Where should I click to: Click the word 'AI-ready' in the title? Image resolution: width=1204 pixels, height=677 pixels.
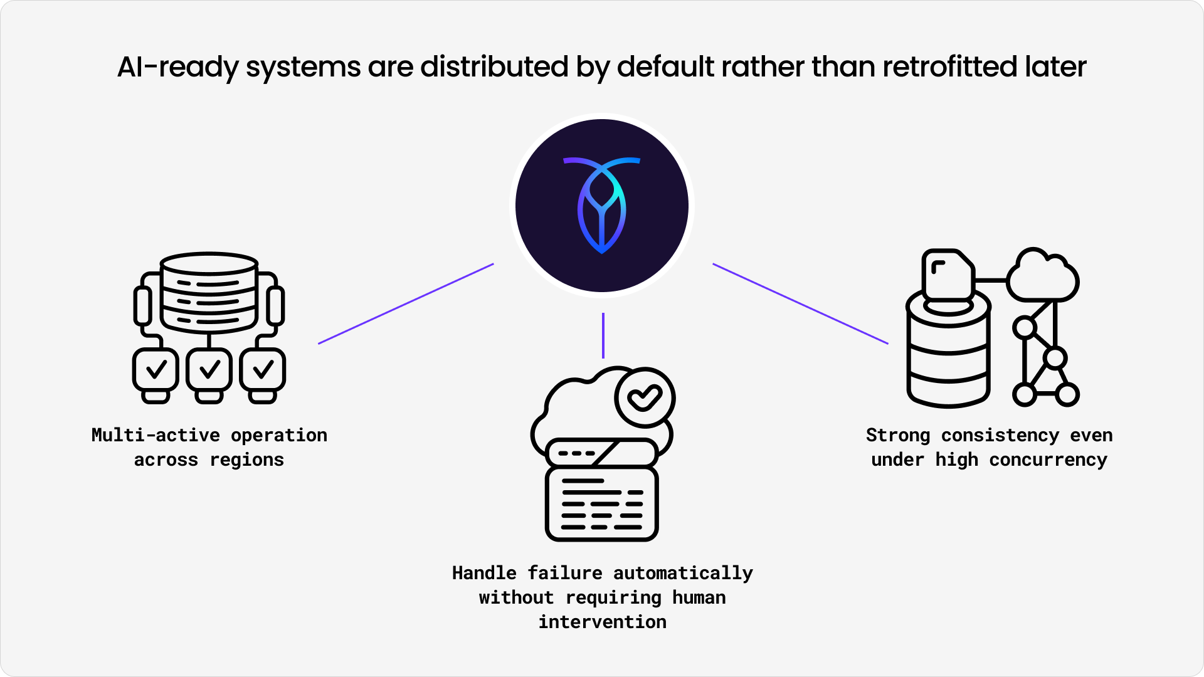point(177,67)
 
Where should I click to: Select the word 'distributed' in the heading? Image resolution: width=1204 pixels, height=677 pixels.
point(494,67)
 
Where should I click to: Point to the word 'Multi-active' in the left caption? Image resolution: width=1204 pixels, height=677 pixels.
point(156,435)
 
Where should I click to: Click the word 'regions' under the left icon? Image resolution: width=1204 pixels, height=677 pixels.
point(246,459)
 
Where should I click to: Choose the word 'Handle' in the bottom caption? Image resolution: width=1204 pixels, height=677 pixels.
point(484,573)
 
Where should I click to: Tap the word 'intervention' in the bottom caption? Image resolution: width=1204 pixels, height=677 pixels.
point(602,622)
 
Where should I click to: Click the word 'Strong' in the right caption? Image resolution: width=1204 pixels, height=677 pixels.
point(897,435)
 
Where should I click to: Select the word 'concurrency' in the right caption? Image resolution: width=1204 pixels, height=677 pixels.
point(1048,459)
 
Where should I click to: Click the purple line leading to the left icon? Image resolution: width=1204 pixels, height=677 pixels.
point(406,303)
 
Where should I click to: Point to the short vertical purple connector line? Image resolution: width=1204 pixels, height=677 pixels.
point(603,335)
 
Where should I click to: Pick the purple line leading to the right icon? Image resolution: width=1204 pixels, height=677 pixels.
point(800,303)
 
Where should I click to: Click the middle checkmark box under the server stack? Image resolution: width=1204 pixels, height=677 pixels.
point(209,370)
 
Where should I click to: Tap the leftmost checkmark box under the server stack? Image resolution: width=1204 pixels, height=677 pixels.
point(156,370)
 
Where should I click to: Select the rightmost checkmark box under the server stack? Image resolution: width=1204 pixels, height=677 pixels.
point(263,370)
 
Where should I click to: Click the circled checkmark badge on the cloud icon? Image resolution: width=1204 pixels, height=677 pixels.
point(645,397)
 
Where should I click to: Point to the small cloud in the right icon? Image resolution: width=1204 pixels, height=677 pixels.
point(1042,276)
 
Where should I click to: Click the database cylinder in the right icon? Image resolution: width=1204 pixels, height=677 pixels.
point(948,354)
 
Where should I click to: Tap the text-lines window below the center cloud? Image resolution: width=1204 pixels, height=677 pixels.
point(602,503)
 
